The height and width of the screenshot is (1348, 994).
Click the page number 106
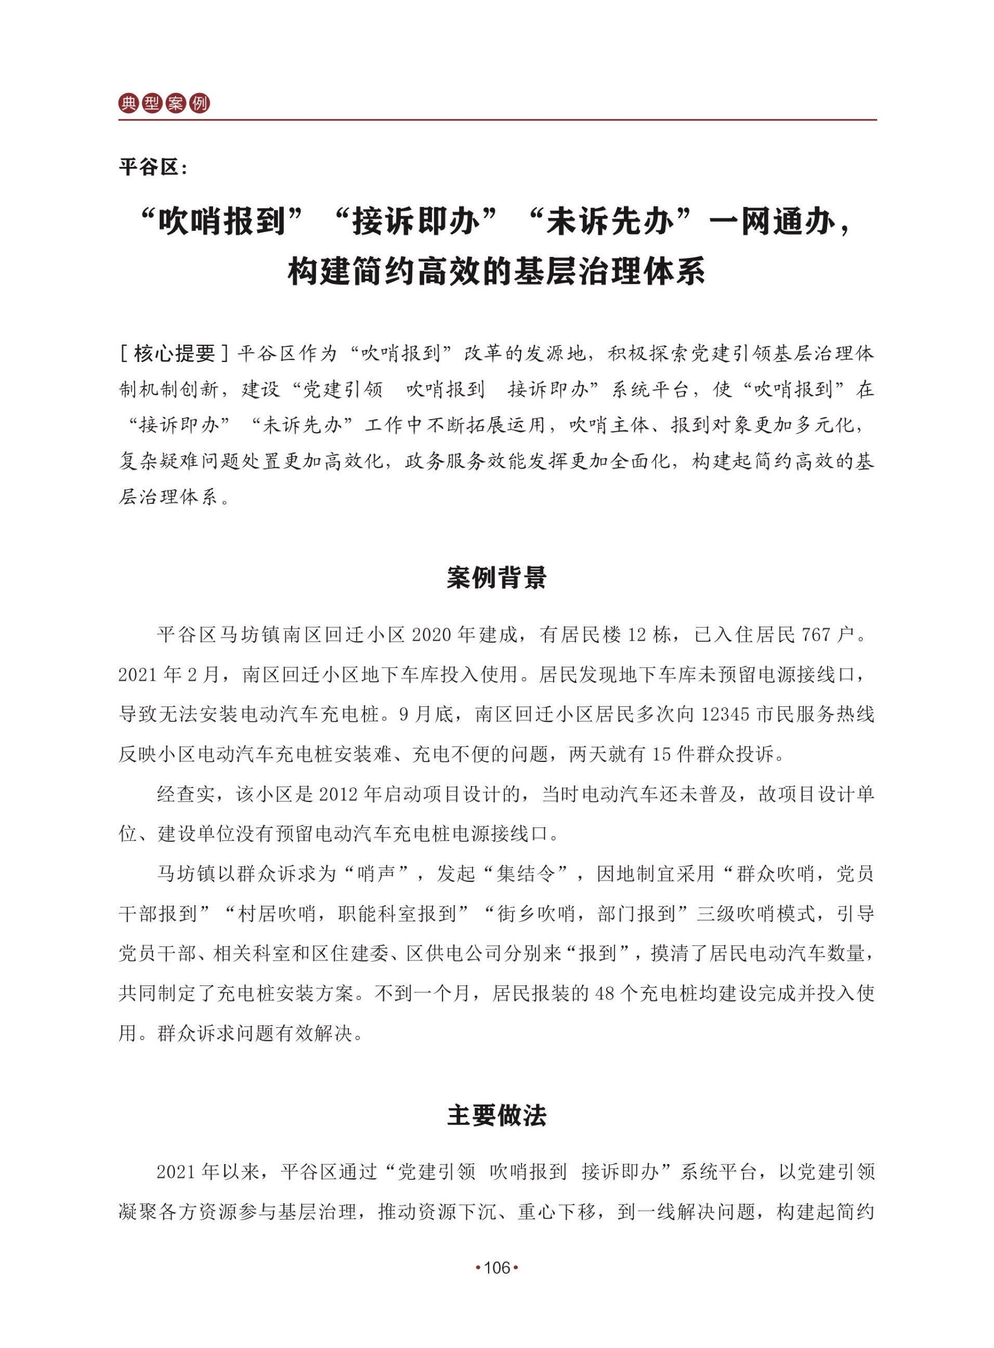(497, 1268)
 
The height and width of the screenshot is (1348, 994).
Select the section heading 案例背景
(496, 578)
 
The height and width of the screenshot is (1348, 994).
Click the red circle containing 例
(199, 103)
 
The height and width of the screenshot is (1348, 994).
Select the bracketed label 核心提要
(175, 353)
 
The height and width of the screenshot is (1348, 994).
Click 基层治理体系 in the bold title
(609, 271)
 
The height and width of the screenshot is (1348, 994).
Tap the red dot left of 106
(478, 1268)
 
